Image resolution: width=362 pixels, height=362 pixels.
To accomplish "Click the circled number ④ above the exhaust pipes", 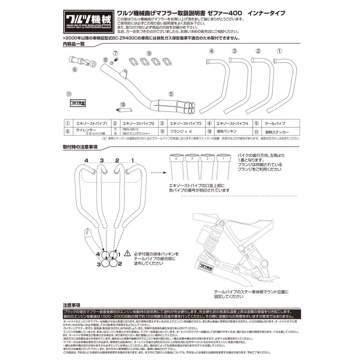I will (x=211, y=51).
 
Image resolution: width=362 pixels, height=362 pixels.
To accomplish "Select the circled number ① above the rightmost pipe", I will (x=280, y=51).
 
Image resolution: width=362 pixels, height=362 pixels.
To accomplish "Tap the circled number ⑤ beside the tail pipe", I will (x=171, y=94).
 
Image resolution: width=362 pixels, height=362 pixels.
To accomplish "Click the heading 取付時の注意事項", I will (x=80, y=147).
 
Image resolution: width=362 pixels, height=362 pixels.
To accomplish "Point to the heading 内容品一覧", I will (x=74, y=44).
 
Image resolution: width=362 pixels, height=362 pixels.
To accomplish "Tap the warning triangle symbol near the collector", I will (x=128, y=253).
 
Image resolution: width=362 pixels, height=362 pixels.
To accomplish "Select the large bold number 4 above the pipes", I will (x=86, y=160).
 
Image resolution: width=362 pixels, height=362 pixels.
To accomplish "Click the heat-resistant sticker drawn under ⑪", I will (x=76, y=103).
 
